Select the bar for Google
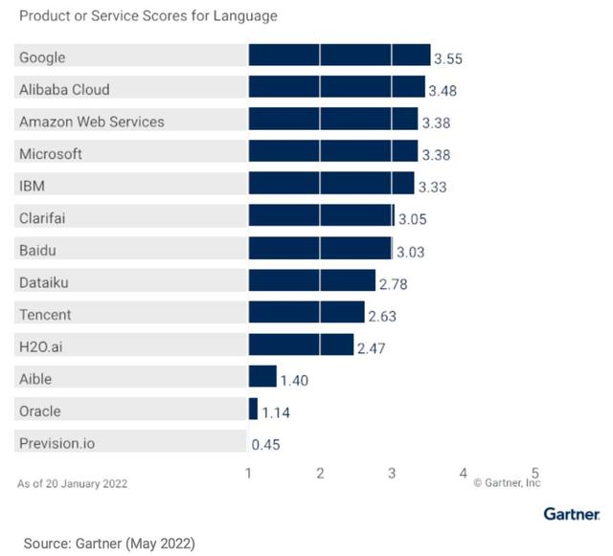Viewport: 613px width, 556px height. click(x=339, y=56)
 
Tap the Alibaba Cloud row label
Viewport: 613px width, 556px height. click(x=65, y=89)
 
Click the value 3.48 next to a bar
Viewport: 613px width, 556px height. click(x=444, y=92)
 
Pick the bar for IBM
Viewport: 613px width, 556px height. click(x=331, y=184)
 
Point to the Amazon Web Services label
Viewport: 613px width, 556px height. click(x=92, y=122)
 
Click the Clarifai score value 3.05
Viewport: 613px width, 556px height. click(x=412, y=219)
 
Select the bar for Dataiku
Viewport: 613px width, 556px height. click(x=311, y=280)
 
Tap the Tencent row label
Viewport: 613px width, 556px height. click(x=45, y=315)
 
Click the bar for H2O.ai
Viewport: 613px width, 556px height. click(x=301, y=345)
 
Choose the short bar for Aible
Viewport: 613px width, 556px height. click(x=262, y=377)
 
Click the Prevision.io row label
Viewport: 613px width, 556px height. click(x=57, y=443)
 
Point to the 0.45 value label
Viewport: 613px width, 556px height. click(x=266, y=445)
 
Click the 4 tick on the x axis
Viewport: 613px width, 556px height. click(x=464, y=473)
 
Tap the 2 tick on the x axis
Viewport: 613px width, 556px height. click(x=320, y=473)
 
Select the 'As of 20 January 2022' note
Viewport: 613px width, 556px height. click(x=72, y=483)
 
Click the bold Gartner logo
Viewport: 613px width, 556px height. click(x=572, y=514)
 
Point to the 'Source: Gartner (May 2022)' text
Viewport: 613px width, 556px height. click(x=109, y=543)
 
